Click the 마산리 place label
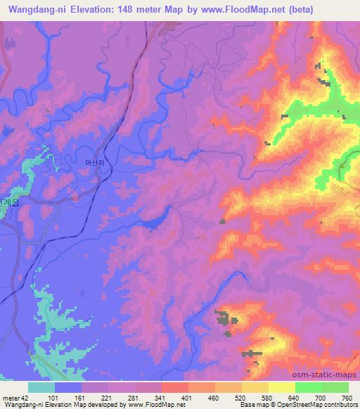click(94, 162)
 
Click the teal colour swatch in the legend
click(41, 388)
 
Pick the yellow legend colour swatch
click(282, 388)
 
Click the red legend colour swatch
click(175, 388)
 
